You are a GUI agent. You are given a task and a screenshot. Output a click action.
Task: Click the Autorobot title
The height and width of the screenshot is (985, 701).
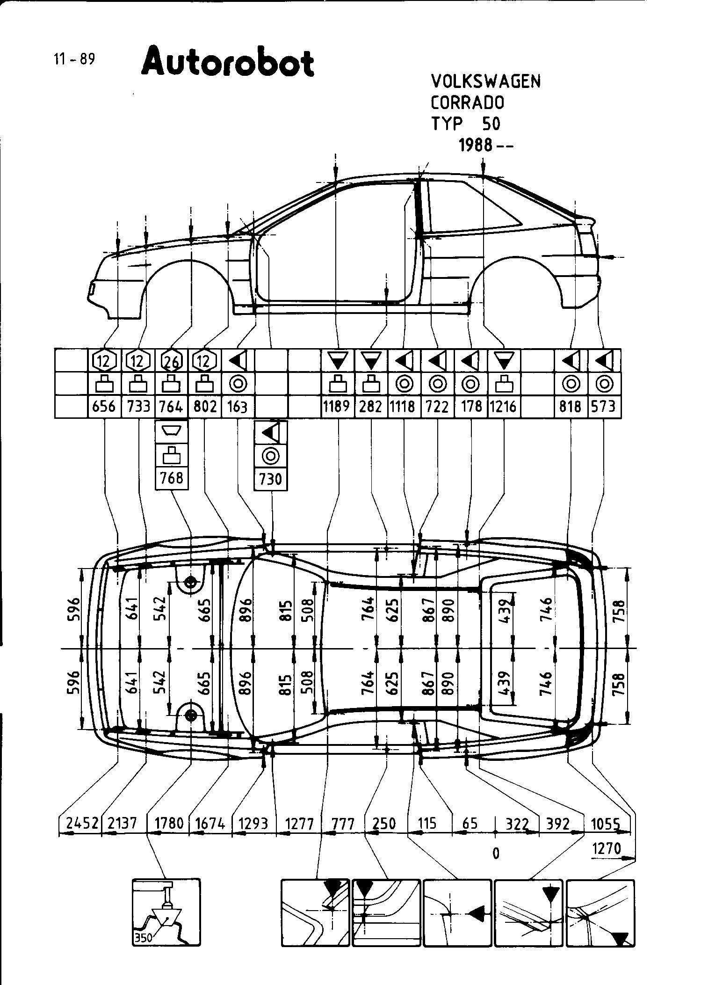tap(227, 62)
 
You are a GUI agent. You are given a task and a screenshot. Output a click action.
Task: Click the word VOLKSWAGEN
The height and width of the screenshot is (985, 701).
tap(485, 81)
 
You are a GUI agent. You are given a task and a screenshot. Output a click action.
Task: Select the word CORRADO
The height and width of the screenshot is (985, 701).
tap(467, 102)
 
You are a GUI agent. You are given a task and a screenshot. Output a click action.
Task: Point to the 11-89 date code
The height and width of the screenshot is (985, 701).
tap(74, 60)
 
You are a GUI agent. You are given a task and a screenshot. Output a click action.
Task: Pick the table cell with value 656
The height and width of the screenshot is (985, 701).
tap(104, 406)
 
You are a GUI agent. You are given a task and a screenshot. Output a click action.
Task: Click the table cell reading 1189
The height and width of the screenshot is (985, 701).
tap(337, 406)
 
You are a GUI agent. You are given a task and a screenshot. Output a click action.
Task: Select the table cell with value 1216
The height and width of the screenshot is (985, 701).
tap(503, 406)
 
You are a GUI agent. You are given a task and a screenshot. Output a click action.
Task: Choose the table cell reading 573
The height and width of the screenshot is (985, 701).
tap(603, 406)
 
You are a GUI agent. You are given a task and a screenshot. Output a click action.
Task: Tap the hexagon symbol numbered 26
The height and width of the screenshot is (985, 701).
tap(171, 361)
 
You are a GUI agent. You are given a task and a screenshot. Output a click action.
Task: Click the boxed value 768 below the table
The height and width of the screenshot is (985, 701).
tap(172, 478)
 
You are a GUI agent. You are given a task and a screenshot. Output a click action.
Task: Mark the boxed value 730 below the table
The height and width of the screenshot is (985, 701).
tap(270, 479)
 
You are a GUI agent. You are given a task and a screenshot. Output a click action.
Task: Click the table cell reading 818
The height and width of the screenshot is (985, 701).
tap(570, 406)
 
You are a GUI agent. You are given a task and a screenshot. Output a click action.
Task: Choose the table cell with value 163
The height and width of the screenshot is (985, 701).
tap(237, 406)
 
